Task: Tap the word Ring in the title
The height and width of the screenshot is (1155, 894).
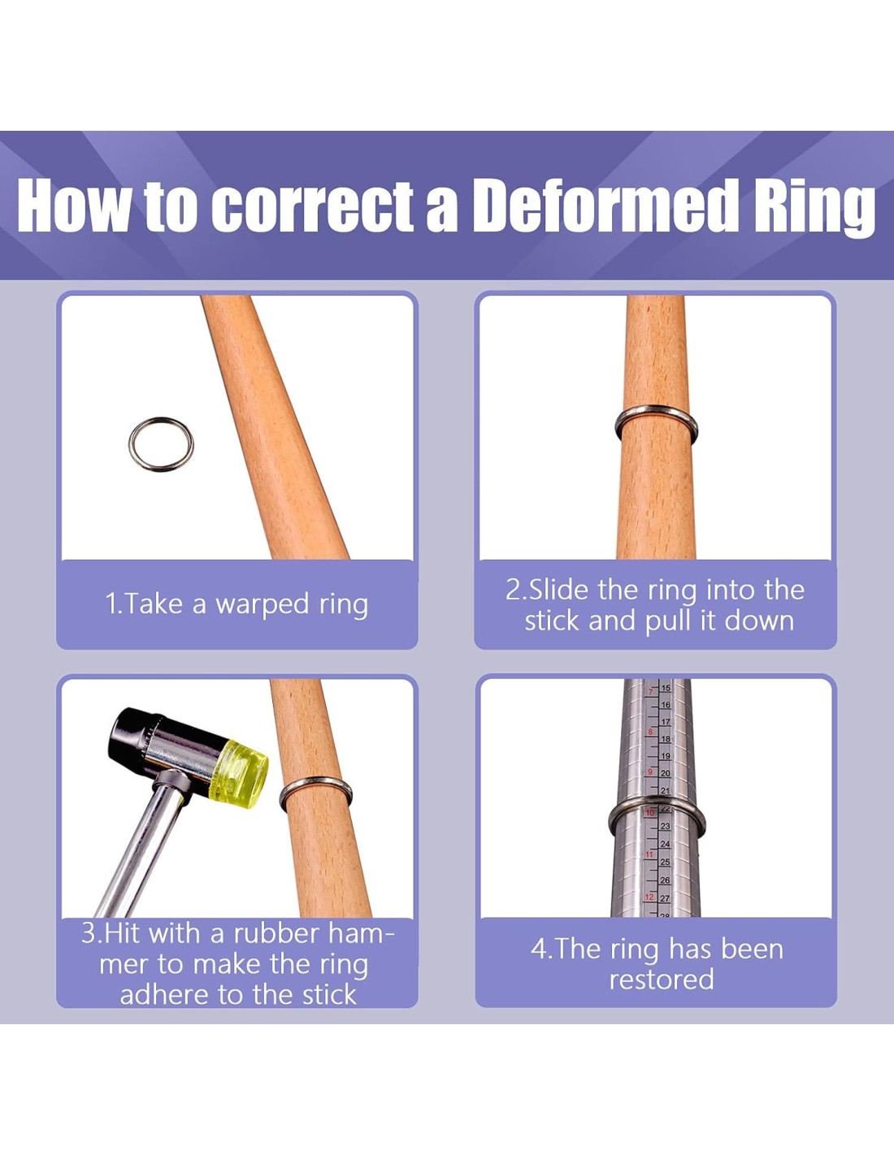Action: point(815,210)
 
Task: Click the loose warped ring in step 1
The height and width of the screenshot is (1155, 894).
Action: point(131,444)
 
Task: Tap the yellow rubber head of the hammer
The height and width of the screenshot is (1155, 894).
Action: point(238,774)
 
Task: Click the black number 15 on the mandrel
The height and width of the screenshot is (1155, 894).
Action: point(666,688)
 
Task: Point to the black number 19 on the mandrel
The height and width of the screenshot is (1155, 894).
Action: point(666,756)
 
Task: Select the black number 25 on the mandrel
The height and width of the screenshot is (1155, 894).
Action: point(666,862)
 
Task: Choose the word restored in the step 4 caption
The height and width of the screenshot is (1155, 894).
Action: point(661,980)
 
